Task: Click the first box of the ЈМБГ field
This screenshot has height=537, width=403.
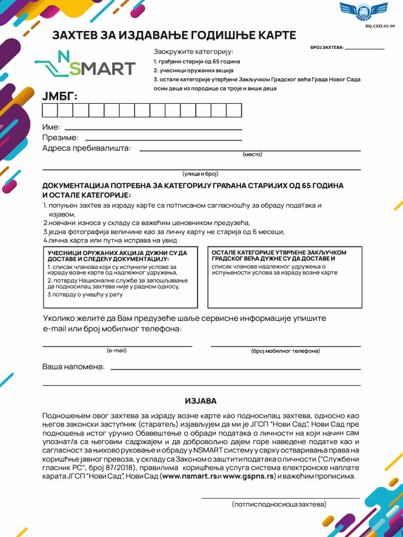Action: pyautogui.click(x=50, y=110)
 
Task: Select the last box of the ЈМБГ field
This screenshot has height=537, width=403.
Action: pyautogui.click(x=234, y=110)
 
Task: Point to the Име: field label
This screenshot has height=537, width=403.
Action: pyautogui.click(x=51, y=127)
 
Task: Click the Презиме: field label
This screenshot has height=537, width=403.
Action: pyautogui.click(x=60, y=138)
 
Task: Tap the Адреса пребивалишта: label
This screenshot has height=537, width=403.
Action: pyautogui.click(x=87, y=148)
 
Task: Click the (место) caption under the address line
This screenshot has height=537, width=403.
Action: pyautogui.click(x=252, y=154)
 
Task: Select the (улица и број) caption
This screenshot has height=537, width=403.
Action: pyautogui.click(x=200, y=174)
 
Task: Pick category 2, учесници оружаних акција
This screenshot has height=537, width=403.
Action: pyautogui.click(x=194, y=70)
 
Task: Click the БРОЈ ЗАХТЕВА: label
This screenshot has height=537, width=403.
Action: pyautogui.click(x=327, y=48)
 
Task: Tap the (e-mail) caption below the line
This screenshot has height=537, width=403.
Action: pyautogui.click(x=116, y=350)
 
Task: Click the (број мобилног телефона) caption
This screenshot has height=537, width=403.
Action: pyautogui.click(x=285, y=351)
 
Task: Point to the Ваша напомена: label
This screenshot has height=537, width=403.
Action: pyautogui.click(x=73, y=367)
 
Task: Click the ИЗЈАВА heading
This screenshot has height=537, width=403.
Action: pyautogui.click(x=200, y=401)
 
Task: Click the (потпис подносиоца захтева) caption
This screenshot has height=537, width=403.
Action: pyautogui.click(x=279, y=504)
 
